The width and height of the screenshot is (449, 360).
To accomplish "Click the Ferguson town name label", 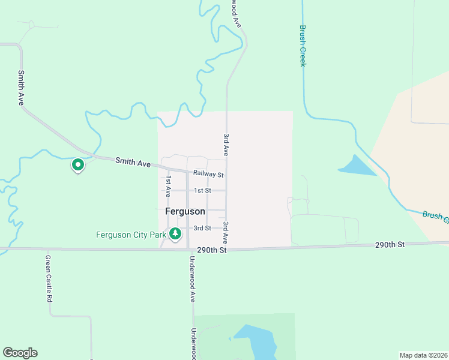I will coord(185,212).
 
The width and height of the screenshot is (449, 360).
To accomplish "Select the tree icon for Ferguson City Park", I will coord(175,233).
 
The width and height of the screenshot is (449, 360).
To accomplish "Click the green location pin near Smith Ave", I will coord(77,164).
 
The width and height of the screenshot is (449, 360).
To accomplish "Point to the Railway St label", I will coord(208,175).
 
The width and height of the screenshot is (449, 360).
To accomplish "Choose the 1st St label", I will coord(202,190).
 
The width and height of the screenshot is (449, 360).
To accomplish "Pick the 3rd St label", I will coord(202,228).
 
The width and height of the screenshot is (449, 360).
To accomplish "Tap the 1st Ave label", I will coord(168,187).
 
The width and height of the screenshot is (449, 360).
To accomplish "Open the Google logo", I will coord(20,353).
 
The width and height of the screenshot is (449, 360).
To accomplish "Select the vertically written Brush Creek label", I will coord(303,46).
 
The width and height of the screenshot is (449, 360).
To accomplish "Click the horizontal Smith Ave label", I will coord(133,162).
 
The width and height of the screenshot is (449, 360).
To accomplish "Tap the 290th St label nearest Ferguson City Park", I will coord(214,250).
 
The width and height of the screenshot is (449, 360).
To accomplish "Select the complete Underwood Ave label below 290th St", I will coord(193,279).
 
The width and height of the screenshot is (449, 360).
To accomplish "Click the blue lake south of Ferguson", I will coord(258,342).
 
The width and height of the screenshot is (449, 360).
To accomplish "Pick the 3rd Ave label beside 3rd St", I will coord(226,232).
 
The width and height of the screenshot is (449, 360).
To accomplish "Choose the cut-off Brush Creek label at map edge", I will coord(435,217).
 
